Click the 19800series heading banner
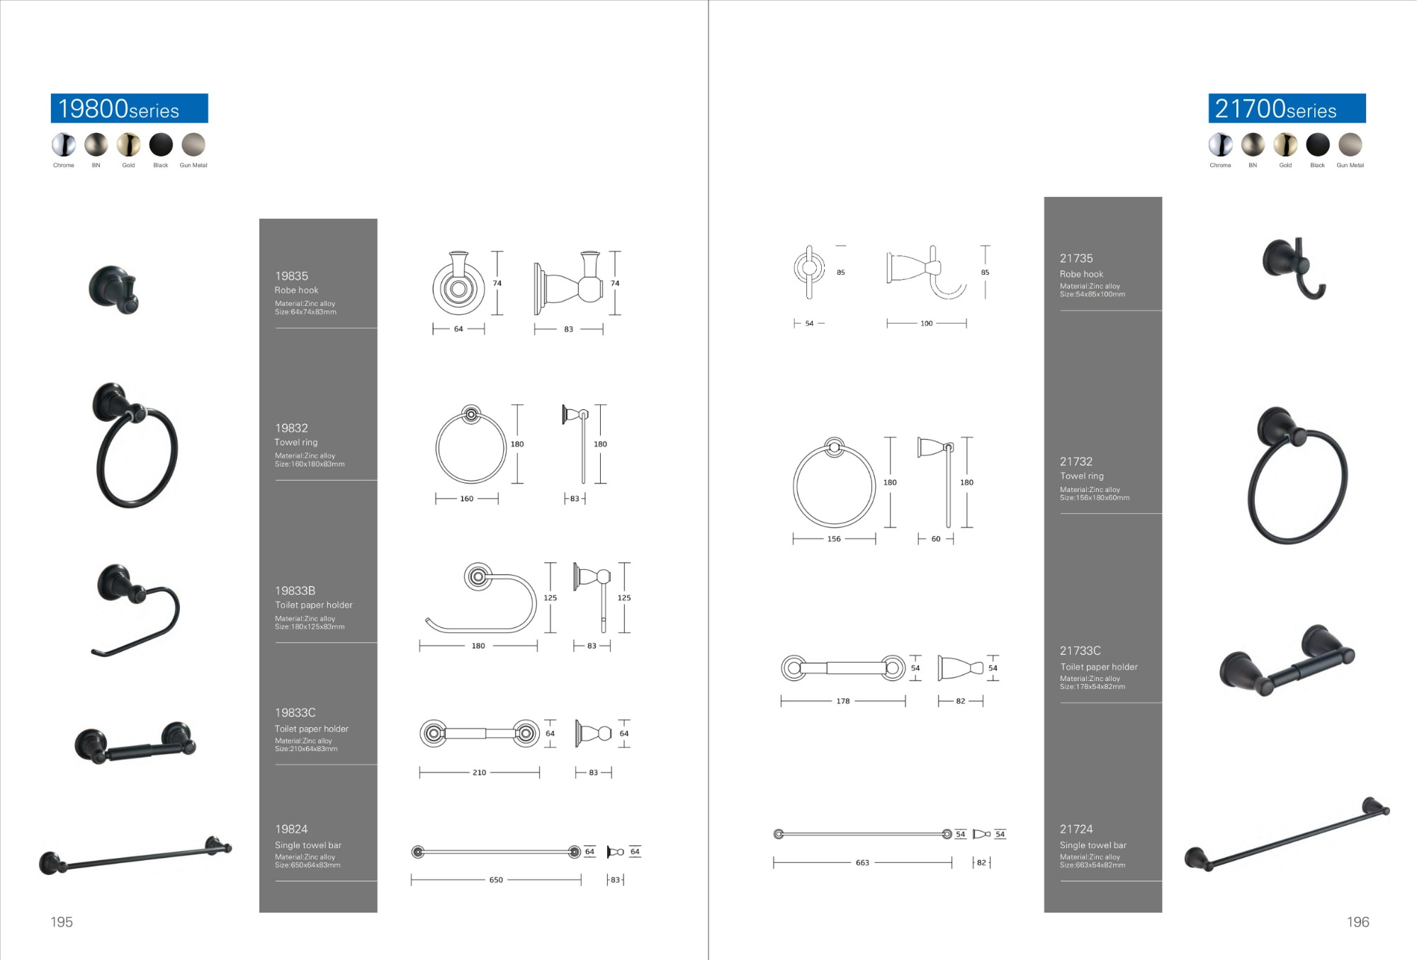pyautogui.click(x=130, y=108)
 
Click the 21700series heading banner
pyautogui.click(x=1287, y=108)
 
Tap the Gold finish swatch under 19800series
pyautogui.click(x=128, y=144)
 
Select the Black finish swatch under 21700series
pyautogui.click(x=1318, y=144)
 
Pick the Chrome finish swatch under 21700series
pyautogui.click(x=1220, y=144)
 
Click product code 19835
pyautogui.click(x=291, y=276)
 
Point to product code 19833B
pyautogui.click(x=295, y=590)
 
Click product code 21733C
pyautogui.click(x=1080, y=651)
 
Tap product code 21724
pyautogui.click(x=1076, y=829)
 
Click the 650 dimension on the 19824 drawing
pyautogui.click(x=496, y=880)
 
